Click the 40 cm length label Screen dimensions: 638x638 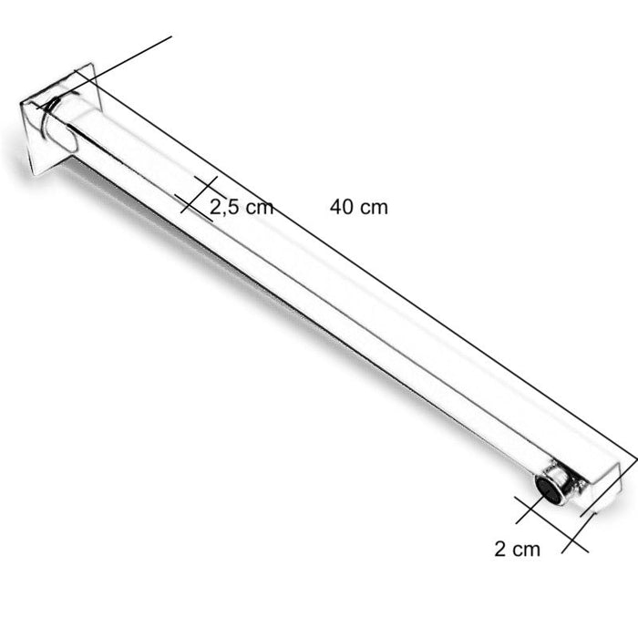point(359,207)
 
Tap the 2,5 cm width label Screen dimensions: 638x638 point(242,207)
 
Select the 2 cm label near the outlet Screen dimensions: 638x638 point(517,549)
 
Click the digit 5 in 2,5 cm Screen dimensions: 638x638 point(232,207)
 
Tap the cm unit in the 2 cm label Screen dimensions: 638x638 point(526,549)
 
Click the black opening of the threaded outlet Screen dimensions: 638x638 point(547,489)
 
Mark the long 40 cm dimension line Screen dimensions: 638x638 point(365,264)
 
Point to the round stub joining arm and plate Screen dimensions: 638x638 point(62,128)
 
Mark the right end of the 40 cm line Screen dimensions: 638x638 point(634,455)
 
